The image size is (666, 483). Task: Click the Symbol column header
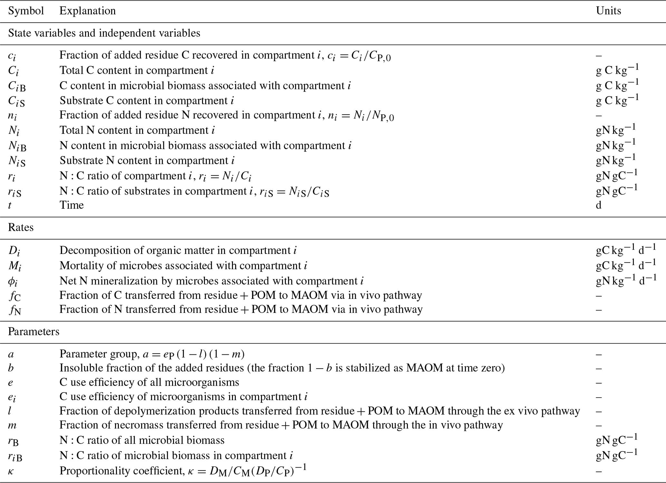(26, 11)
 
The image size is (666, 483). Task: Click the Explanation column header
(88, 11)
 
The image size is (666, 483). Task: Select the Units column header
(608, 11)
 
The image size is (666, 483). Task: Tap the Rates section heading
(21, 227)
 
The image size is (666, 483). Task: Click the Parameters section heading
(34, 332)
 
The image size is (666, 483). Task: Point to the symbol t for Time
(10, 205)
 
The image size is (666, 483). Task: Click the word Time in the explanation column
(72, 205)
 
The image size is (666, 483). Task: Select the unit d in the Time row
(599, 205)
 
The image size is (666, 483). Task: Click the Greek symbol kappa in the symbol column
(11, 471)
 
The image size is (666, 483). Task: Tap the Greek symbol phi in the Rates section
(13, 281)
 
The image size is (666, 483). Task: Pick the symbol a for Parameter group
(11, 354)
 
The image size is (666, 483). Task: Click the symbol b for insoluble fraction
(11, 368)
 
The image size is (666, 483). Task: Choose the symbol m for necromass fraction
(12, 425)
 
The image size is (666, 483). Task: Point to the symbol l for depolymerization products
(10, 411)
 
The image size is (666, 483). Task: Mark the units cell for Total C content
(617, 70)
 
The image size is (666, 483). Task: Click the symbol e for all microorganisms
(11, 382)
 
